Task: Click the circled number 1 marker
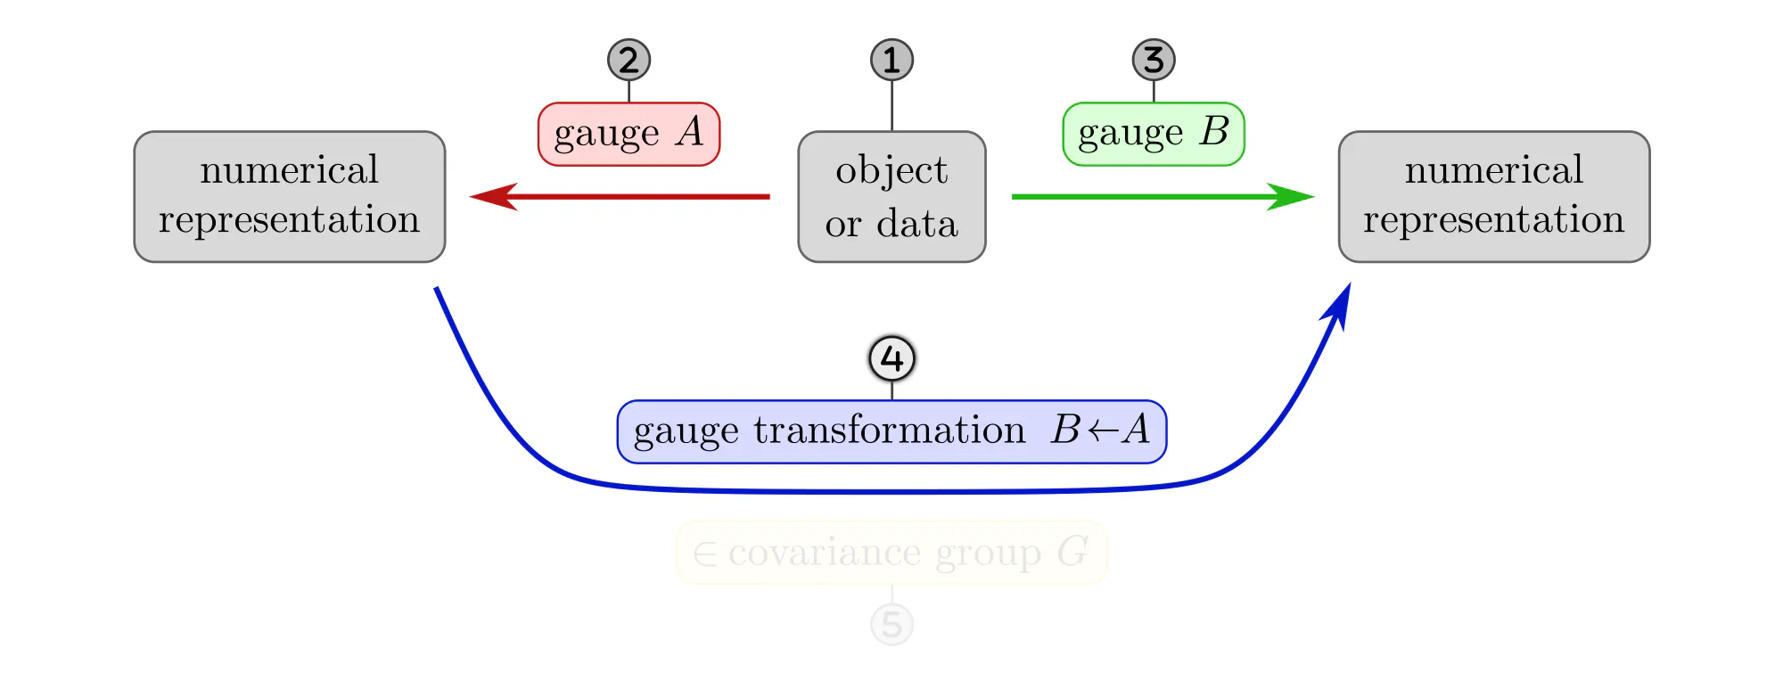tap(891, 60)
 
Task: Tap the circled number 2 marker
tap(629, 60)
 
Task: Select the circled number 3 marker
tap(1154, 60)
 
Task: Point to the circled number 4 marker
tap(891, 358)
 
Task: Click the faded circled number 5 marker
tap(891, 624)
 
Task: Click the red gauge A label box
tap(629, 134)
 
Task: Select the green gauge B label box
tap(1154, 134)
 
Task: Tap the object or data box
tap(891, 197)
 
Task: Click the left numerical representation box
tap(290, 197)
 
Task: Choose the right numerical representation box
tap(1494, 197)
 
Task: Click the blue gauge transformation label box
tap(891, 431)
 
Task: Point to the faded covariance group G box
tap(891, 553)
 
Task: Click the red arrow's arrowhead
tap(493, 196)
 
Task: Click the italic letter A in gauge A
tap(689, 132)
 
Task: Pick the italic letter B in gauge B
tap(1213, 132)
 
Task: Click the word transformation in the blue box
tap(889, 431)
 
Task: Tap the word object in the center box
tap(891, 170)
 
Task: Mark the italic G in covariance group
tap(1072, 553)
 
